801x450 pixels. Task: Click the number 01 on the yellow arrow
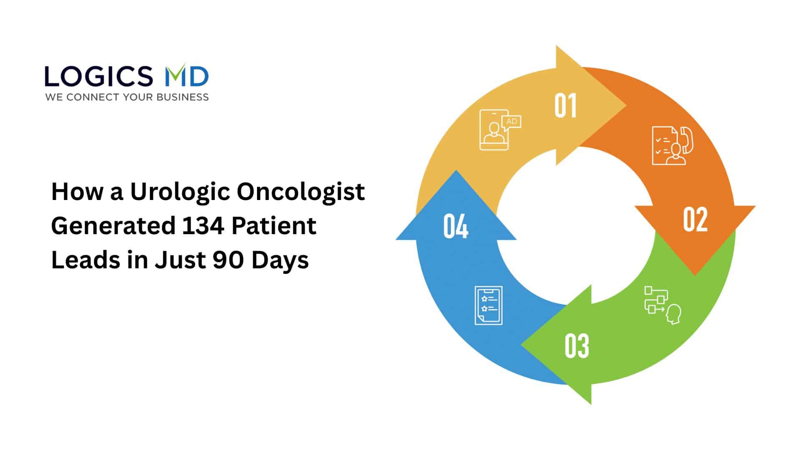pyautogui.click(x=565, y=106)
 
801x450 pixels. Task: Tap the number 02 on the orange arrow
pyautogui.click(x=695, y=219)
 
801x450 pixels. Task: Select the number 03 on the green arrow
pyautogui.click(x=577, y=346)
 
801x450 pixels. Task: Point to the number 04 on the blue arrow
pyautogui.click(x=456, y=226)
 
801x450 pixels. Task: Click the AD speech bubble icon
pyautogui.click(x=511, y=122)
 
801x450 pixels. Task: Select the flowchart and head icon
pyautogui.click(x=662, y=305)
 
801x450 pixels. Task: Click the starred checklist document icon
pyautogui.click(x=489, y=305)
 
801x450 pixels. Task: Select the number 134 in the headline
pyautogui.click(x=203, y=226)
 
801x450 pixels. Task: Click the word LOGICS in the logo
pyautogui.click(x=98, y=77)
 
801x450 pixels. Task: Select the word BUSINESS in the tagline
pyautogui.click(x=182, y=97)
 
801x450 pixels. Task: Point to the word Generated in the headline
pyautogui.click(x=113, y=226)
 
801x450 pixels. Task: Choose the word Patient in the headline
pyautogui.click(x=274, y=226)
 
